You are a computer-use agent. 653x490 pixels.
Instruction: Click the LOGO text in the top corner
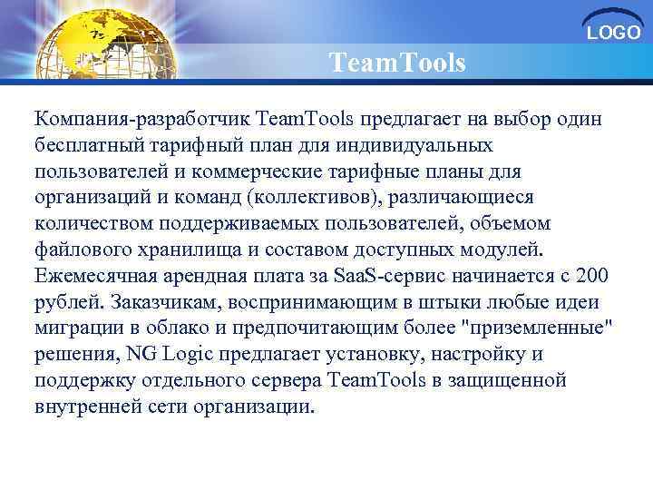click(x=614, y=34)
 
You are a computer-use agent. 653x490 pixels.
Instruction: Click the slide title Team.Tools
click(x=397, y=64)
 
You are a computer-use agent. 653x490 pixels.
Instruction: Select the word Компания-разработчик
click(x=142, y=119)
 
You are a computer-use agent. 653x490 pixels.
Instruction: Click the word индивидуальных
click(x=418, y=145)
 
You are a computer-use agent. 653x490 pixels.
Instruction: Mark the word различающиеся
click(x=467, y=198)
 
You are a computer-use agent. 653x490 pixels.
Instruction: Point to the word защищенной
click(x=513, y=380)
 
